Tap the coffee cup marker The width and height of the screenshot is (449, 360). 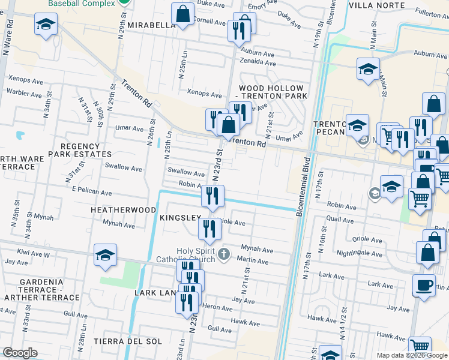click(x=424, y=285)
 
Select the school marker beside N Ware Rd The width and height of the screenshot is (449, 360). click(x=46, y=26)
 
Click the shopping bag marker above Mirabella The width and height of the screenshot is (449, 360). click(x=182, y=15)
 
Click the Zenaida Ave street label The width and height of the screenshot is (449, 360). click(x=257, y=63)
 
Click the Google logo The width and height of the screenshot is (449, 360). click(x=20, y=353)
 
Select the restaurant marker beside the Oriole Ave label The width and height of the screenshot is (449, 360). click(x=209, y=229)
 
